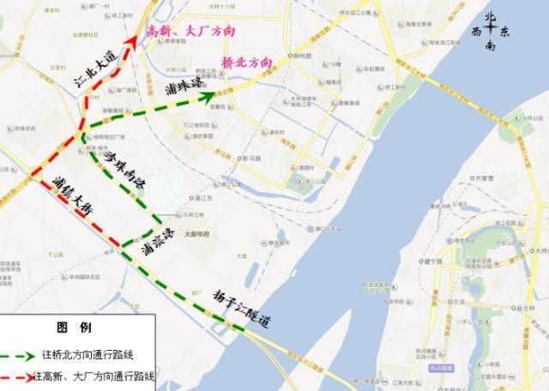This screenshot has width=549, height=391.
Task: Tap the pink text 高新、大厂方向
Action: [190, 31]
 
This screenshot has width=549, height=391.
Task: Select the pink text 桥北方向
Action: [246, 63]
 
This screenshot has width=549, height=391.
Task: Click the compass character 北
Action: [491, 17]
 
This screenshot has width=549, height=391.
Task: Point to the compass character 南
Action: [490, 48]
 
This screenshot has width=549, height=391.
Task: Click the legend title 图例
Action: [68, 328]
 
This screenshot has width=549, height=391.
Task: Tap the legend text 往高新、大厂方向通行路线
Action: [94, 376]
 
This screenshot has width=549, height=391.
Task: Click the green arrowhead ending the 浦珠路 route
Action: [208, 97]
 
